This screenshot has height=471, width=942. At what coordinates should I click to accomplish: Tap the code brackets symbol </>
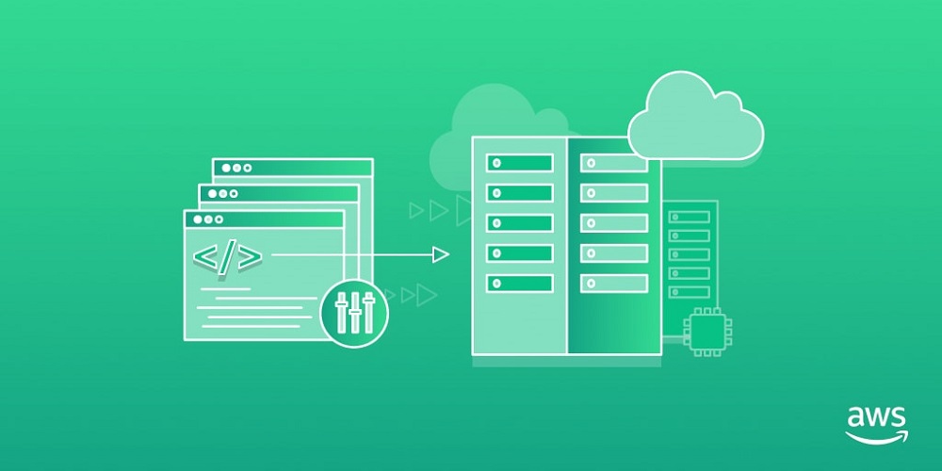(227, 257)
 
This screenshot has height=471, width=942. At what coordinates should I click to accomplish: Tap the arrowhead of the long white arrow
(440, 254)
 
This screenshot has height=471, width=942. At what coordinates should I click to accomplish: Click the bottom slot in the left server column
(519, 283)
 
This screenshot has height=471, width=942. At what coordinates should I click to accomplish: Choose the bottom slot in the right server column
(614, 283)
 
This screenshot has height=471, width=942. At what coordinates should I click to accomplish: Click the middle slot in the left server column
(519, 223)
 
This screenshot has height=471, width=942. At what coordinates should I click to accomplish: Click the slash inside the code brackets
(227, 257)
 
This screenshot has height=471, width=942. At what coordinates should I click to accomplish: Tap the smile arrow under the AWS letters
(876, 436)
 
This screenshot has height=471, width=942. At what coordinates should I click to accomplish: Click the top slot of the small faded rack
(689, 217)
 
